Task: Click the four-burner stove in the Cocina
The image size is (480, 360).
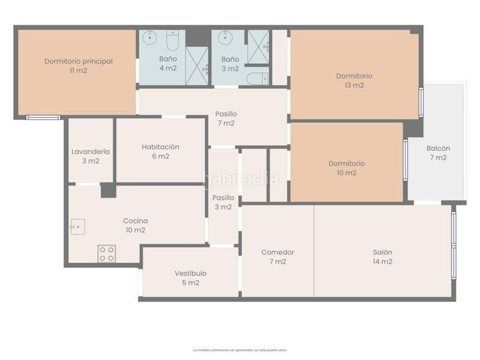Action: pos(107,254)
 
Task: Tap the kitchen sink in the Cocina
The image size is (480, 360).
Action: pos(77,226)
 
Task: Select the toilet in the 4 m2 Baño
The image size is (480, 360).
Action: pos(172,40)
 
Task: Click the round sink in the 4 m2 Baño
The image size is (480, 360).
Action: pos(150,38)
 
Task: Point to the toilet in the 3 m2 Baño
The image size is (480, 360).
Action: pos(258,78)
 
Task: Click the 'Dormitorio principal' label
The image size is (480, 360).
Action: pos(79,61)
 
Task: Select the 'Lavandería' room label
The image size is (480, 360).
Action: pos(91,151)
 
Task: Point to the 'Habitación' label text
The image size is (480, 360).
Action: pos(160,146)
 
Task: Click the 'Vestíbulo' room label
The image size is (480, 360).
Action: pos(191,273)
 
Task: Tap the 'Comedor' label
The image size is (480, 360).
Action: pos(278,252)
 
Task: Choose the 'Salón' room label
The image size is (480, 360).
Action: pos(382,252)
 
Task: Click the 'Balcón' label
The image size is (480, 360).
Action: pos(438,148)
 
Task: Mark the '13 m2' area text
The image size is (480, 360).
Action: pos(354,85)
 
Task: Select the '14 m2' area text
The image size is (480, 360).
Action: pos(382,262)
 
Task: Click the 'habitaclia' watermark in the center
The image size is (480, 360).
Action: pos(240,178)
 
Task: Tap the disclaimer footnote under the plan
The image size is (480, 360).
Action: pos(240,350)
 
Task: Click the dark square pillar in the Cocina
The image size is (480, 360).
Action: pos(108,190)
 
